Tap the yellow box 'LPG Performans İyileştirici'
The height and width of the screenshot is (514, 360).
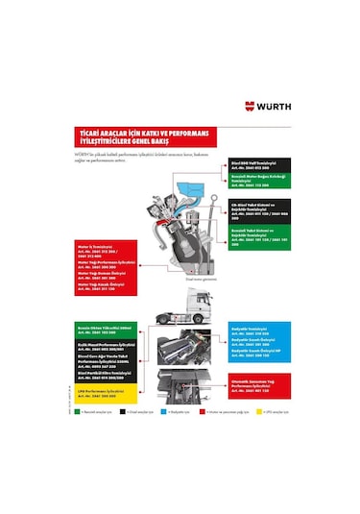click(105, 395)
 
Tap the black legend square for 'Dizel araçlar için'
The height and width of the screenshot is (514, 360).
click(122, 411)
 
